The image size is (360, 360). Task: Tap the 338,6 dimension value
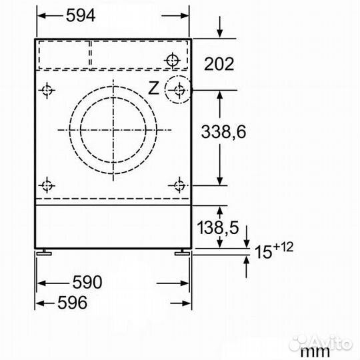coord(224,131)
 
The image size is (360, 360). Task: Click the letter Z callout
coord(153,88)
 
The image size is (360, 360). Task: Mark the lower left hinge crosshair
coord(47,185)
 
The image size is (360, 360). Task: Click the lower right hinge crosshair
coord(179,185)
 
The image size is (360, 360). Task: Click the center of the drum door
coord(113,129)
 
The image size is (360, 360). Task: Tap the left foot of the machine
coord(43,252)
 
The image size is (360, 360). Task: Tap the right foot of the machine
coord(182,252)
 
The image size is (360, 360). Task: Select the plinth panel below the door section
coord(113,225)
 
